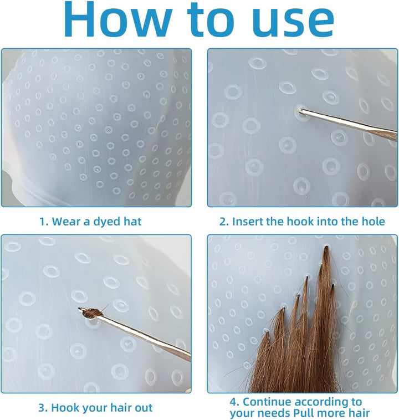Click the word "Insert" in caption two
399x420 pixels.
[x=247, y=222]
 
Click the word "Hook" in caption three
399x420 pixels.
[x=65, y=408]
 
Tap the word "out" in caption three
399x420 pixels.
[x=144, y=408]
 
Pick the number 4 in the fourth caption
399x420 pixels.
[x=234, y=402]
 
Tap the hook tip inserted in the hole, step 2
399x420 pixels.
[x=301, y=110]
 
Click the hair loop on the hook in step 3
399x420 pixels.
[x=90, y=313]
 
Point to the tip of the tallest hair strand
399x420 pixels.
[x=326, y=247]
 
